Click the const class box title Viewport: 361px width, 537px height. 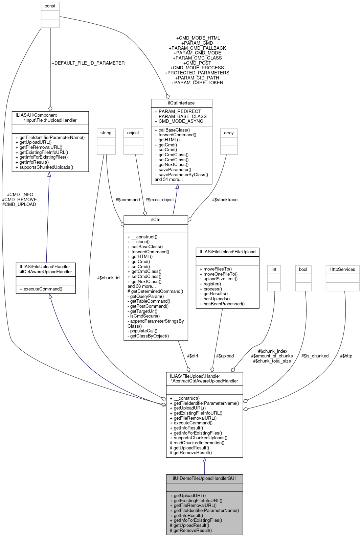50,6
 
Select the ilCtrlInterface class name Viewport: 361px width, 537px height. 181,103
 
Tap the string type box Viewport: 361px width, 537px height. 106,133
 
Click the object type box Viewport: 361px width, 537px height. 133,133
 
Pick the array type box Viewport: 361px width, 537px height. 229,133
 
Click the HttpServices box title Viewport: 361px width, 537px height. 342,269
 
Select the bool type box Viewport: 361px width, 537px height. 303,269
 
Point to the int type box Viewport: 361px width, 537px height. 274,269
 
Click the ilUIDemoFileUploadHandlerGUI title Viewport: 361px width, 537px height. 204,478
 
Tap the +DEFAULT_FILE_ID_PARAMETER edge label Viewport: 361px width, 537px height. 88,63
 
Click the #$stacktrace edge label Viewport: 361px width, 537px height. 225,200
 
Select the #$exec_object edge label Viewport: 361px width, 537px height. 159,200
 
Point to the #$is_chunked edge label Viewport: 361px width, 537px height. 315,356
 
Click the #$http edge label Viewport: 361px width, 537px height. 346,356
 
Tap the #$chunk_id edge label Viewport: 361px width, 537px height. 108,278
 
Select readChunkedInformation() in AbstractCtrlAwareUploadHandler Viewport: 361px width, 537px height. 197,443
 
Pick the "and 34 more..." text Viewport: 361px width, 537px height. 169,179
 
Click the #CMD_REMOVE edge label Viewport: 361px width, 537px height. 19,200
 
